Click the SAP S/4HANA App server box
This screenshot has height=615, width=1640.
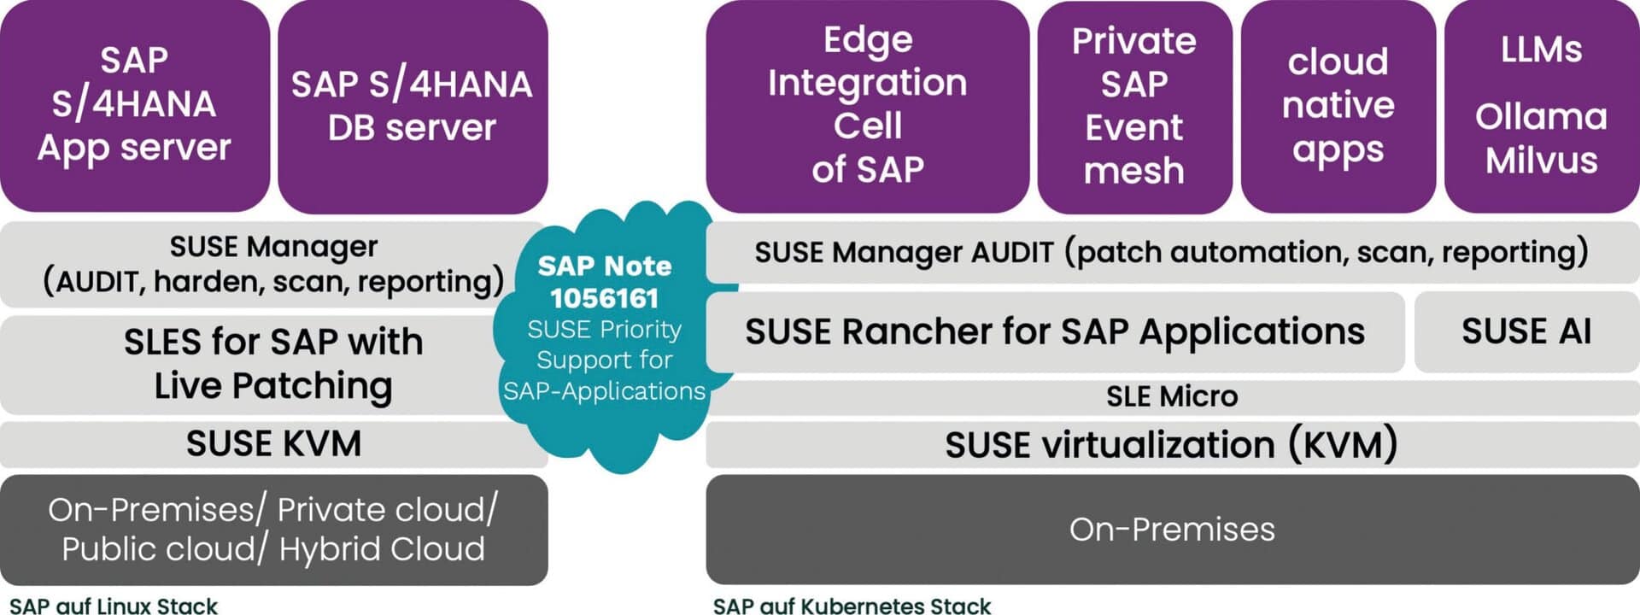coord(134,104)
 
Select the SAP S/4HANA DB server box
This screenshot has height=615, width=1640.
coord(412,106)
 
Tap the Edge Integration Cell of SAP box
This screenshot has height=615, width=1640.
coord(867,104)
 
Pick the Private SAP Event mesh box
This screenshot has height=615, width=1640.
coord(1133,106)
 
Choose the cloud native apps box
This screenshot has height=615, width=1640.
coord(1338,106)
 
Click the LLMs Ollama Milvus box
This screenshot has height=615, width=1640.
coord(1541,106)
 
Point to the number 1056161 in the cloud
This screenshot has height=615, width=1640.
coord(604,298)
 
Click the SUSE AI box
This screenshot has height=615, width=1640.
coord(1526,331)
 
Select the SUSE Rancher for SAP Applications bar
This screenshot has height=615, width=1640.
coord(1054,331)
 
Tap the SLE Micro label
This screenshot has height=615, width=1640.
coord(1171,396)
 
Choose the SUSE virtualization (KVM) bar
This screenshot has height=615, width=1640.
coord(1171,445)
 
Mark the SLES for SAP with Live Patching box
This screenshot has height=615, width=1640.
coord(273,364)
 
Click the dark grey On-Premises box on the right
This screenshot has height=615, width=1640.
coord(1171,530)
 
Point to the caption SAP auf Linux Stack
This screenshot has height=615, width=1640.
coord(114,606)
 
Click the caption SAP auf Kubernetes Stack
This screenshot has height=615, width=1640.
coord(852,606)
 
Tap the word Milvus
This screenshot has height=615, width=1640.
coord(1541,161)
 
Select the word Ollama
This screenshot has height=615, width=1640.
coord(1541,117)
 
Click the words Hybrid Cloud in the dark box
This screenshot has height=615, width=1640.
coord(382,549)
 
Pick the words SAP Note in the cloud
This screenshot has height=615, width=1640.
coord(604,266)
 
